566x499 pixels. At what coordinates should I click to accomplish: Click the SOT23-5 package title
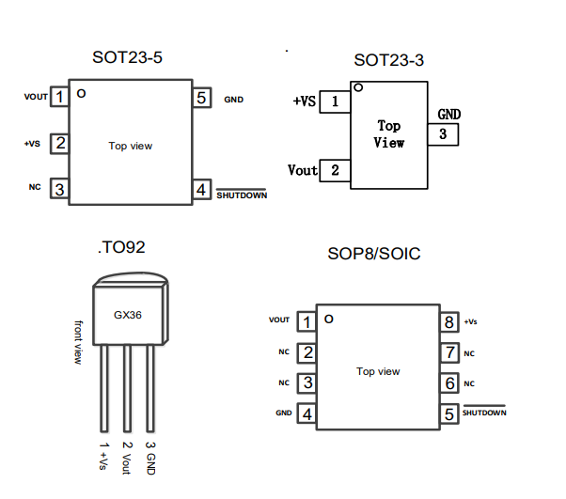tap(127, 57)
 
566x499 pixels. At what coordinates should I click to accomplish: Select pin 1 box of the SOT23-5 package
tap(59, 97)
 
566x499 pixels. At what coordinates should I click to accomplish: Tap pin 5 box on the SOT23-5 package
tap(202, 97)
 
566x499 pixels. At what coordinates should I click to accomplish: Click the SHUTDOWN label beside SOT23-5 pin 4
tap(242, 195)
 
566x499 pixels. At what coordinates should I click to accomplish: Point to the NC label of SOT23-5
tap(35, 188)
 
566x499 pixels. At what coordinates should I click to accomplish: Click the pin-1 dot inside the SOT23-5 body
tap(82, 93)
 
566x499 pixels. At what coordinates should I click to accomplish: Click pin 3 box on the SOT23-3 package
tap(443, 134)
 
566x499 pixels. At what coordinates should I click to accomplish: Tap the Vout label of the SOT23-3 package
tap(303, 170)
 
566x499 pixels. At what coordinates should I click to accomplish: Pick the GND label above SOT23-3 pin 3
tap(449, 115)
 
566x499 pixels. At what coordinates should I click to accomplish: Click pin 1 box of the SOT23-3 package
tap(335, 101)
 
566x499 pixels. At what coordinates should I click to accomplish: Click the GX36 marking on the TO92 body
tap(128, 315)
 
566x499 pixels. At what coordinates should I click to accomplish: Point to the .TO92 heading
tap(121, 248)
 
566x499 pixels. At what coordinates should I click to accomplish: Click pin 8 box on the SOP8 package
tap(449, 322)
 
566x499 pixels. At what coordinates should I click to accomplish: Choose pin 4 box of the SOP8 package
tap(306, 413)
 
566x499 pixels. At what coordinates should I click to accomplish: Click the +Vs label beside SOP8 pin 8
tap(471, 321)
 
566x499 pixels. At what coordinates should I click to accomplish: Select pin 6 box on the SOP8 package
tap(449, 383)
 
